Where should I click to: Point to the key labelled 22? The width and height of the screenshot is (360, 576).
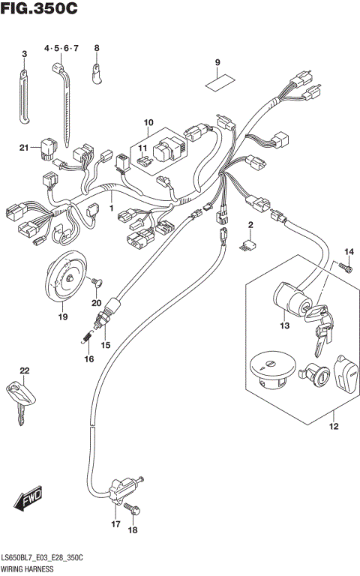click(x=19, y=394)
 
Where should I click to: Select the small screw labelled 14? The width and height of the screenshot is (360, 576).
click(x=346, y=266)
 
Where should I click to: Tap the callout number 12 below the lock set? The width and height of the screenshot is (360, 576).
click(x=332, y=427)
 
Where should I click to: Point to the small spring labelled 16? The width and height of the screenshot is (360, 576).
click(x=86, y=340)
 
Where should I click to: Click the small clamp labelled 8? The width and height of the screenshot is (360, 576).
click(x=97, y=71)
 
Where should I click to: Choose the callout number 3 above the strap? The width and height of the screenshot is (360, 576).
click(x=24, y=53)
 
